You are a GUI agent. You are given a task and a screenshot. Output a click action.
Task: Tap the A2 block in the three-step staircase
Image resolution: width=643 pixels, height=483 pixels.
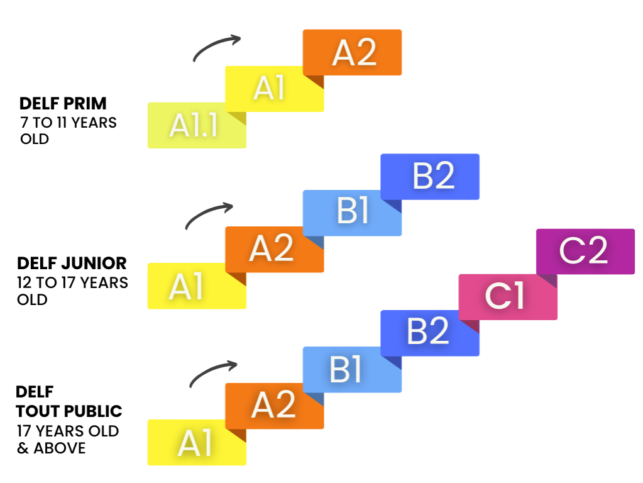(x=352, y=52)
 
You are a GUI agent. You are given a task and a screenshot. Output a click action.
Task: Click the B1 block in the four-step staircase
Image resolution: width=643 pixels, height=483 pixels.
(x=352, y=213)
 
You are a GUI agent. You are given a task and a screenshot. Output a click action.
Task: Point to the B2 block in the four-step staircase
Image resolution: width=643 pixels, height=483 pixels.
(x=430, y=177)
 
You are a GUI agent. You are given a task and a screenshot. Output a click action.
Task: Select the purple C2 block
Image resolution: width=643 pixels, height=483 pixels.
(x=585, y=252)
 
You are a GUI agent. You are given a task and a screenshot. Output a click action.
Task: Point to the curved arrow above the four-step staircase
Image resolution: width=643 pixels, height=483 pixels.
(x=209, y=215)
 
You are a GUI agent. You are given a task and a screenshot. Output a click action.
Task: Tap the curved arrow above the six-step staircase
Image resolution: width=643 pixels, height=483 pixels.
(x=213, y=373)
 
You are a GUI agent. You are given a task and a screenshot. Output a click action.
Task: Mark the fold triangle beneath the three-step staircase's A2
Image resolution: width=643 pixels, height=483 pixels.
(x=317, y=81)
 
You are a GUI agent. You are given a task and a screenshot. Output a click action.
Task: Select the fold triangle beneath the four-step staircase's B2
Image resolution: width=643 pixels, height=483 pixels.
(x=395, y=206)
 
